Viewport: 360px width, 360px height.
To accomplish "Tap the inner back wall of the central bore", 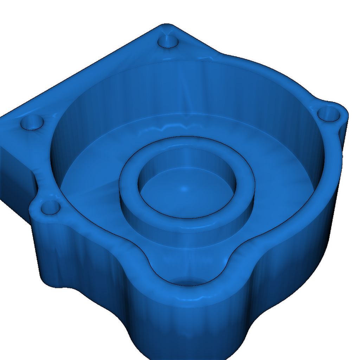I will click(x=186, y=158).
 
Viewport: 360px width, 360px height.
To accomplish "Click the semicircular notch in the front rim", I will click(x=186, y=267).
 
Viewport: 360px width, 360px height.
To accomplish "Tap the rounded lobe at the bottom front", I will click(x=186, y=334).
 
